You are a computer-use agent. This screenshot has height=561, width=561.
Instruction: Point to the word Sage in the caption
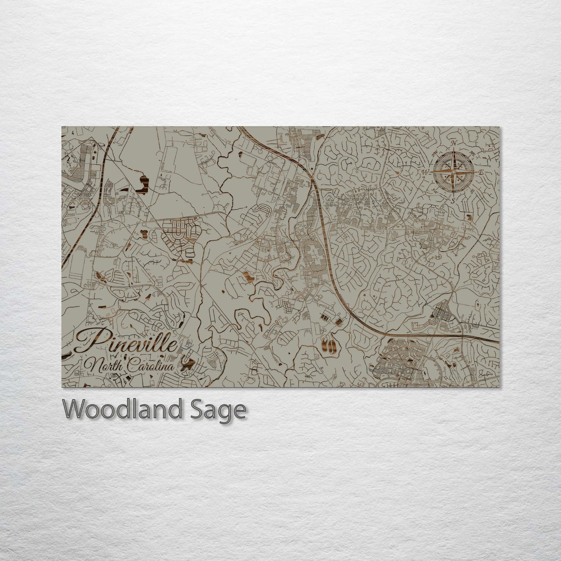tap(226, 410)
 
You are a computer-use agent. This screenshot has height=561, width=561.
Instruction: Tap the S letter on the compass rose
tap(453, 200)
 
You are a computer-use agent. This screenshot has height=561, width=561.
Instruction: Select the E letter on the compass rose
tap(481, 172)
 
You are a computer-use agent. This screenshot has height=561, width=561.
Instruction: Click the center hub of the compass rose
tap(453, 171)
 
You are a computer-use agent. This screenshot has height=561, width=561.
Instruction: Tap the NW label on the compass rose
tap(434, 153)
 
